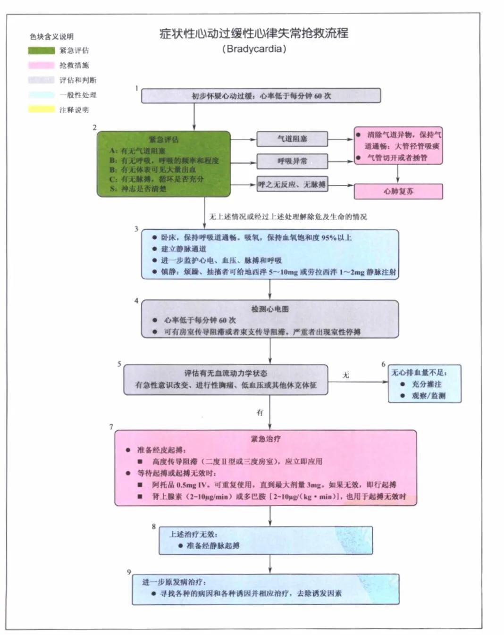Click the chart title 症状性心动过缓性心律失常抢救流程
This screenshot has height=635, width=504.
[253, 33]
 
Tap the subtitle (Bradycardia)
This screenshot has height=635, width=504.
[254, 49]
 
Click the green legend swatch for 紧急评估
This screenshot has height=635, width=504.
[41, 50]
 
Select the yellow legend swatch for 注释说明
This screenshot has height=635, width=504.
[41, 109]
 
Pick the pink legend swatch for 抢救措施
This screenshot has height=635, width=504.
[41, 65]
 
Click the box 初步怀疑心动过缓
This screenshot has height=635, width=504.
[261, 96]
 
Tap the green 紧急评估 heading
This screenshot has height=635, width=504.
[164, 139]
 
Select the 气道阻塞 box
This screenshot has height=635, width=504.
[292, 139]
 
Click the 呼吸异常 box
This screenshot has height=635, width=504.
[292, 161]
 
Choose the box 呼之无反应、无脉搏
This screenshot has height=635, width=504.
[292, 184]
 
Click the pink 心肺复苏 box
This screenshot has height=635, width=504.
[398, 192]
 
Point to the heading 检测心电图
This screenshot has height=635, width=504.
[269, 309]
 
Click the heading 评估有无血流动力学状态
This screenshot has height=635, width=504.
[226, 373]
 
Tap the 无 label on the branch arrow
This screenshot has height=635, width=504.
[345, 375]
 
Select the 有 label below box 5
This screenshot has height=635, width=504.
[260, 412]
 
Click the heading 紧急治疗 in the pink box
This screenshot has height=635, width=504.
[265, 439]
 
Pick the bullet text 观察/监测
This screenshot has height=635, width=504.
[428, 395]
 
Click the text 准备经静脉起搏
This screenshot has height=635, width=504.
[213, 545]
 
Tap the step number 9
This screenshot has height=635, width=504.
[128, 572]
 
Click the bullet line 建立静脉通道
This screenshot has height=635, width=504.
[184, 249]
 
